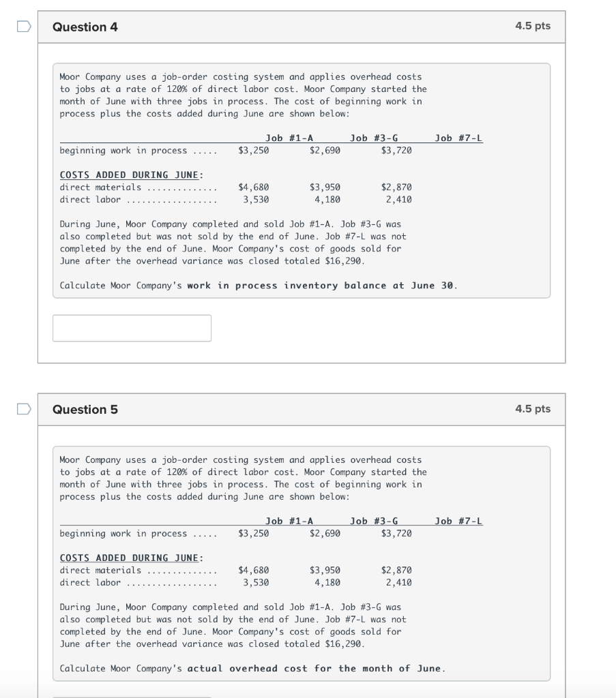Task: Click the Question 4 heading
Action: coord(85,27)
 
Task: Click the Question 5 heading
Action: coord(85,410)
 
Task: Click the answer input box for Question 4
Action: coord(132,328)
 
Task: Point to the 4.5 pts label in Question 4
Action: coord(533,26)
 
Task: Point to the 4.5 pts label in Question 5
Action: coord(533,409)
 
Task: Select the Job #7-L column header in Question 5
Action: coord(458,521)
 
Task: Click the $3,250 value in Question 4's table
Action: coord(253,150)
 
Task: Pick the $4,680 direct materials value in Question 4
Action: coord(253,187)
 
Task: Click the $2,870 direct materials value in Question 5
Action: coord(396,570)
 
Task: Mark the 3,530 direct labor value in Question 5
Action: coord(256,582)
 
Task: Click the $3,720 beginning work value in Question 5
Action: coord(396,533)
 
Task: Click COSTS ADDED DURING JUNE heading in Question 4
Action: coord(131,174)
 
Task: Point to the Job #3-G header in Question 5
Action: coord(374,521)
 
